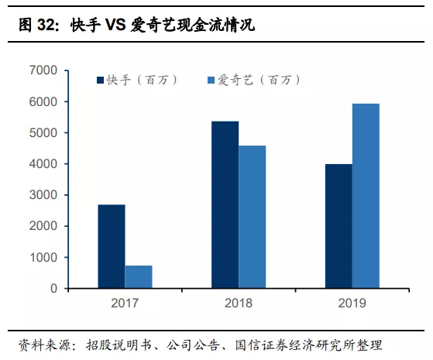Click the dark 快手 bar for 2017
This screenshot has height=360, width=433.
tap(112, 246)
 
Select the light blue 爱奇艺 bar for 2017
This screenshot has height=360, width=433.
tap(139, 276)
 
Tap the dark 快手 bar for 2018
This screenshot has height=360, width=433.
tap(225, 204)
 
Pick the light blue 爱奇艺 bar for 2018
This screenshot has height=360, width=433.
tap(253, 217)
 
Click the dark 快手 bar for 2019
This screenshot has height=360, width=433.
tap(338, 226)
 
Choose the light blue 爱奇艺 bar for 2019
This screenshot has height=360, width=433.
tap(366, 196)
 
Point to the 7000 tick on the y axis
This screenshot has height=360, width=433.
tap(43, 70)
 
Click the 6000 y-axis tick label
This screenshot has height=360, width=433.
tap(43, 101)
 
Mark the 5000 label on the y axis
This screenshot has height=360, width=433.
tap(43, 132)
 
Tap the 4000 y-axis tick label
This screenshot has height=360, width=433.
tap(43, 164)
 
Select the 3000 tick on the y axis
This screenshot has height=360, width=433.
tap(43, 195)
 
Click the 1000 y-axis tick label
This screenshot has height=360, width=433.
tap(43, 257)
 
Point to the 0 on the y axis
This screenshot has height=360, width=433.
tap(53, 288)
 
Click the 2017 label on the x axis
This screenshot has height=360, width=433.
tap(125, 303)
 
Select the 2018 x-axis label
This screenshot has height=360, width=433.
tap(239, 303)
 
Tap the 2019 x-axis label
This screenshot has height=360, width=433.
tap(352, 303)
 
